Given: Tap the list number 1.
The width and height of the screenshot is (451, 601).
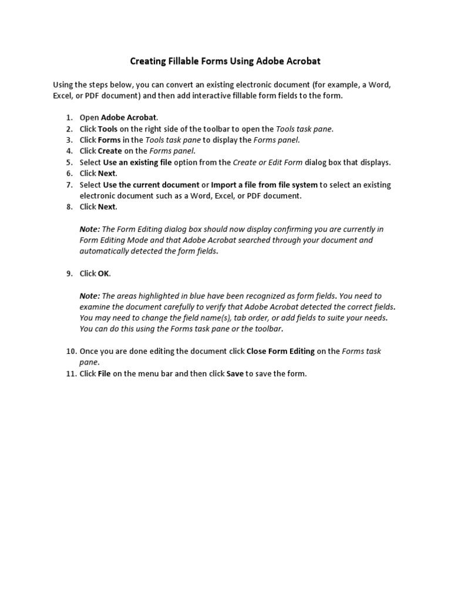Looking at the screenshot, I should coord(69,117).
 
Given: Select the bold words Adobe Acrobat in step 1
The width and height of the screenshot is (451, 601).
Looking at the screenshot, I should coord(129,117).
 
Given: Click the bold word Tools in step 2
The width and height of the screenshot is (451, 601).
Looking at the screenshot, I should coord(108,129).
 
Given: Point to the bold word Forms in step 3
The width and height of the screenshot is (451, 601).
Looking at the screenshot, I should coord(109,140).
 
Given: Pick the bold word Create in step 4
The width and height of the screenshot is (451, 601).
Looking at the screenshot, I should coord(110,151).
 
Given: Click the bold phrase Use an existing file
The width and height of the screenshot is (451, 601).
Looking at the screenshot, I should coord(137,162).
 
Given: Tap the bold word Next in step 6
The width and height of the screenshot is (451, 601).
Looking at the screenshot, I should coord(107,173).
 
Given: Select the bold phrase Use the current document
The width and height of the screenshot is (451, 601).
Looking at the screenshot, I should coord(151,184).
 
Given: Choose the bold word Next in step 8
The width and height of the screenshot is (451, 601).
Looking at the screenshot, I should coord(107,207).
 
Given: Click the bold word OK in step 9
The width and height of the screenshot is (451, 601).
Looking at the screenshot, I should coord(104,274).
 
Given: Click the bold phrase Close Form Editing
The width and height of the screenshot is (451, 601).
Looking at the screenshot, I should coord(280,352).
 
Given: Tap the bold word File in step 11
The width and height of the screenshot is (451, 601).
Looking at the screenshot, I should coord(105,374).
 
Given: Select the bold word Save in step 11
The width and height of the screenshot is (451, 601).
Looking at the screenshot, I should coord(235,374).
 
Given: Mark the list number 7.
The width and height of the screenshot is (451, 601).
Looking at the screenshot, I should coord(69,184).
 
